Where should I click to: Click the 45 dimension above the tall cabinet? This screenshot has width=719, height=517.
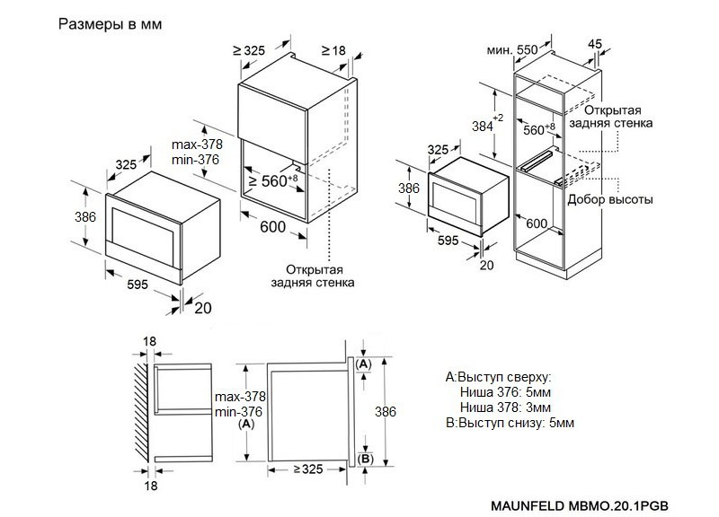[x=594, y=43]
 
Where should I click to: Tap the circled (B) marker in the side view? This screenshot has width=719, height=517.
[x=364, y=460]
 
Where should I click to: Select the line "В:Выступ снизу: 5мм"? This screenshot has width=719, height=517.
[x=509, y=422]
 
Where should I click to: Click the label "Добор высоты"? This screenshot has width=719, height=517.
[x=610, y=198]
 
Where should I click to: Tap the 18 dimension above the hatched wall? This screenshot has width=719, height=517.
[x=149, y=342]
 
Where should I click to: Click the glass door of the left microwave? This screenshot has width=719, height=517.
[x=141, y=228]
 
